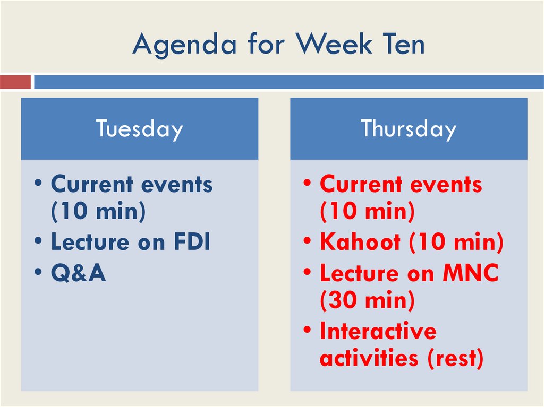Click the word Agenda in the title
[x=184, y=45]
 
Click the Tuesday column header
[x=139, y=129]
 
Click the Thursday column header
[x=408, y=129]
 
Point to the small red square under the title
[x=15, y=82]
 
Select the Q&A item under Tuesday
[x=79, y=273]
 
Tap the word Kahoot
[x=360, y=242]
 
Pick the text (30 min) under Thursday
[x=367, y=301]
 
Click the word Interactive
[x=378, y=331]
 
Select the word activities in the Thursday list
[x=369, y=358]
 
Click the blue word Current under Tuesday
[x=91, y=185]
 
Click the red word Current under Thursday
[x=360, y=185]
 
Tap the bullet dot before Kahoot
[x=308, y=242]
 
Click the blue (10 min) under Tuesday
[x=98, y=212]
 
